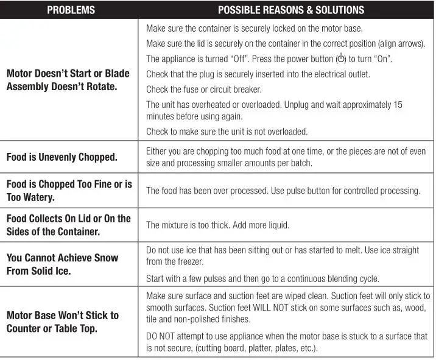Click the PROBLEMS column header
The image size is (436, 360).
click(71, 10)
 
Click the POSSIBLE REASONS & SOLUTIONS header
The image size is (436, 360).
click(290, 10)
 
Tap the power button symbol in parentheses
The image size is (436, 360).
click(341, 59)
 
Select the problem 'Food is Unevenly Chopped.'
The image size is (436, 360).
click(62, 157)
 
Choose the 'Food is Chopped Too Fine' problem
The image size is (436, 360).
click(69, 191)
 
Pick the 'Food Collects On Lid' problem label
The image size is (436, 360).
click(68, 225)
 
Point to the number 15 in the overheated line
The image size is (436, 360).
click(397, 105)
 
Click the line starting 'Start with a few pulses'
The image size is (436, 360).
click(262, 279)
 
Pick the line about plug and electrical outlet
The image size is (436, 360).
click(258, 74)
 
